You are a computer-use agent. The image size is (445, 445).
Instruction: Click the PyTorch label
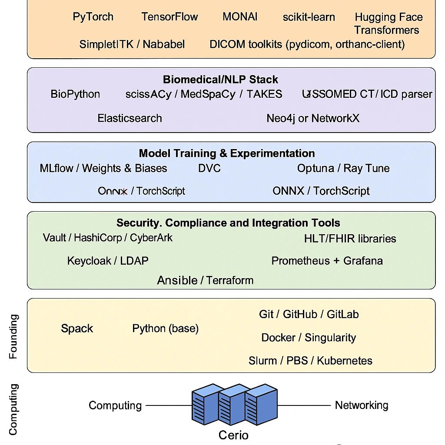coord(93,17)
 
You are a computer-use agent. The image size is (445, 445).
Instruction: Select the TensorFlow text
coord(169,17)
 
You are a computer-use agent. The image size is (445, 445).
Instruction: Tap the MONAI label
coord(240,17)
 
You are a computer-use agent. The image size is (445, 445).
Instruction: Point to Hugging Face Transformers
coord(388,23)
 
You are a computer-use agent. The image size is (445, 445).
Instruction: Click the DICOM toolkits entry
coord(307,44)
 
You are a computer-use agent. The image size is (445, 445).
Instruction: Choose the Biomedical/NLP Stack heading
coord(220,80)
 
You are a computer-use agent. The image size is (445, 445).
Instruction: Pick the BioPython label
coord(75,94)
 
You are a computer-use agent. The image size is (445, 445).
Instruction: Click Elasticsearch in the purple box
coord(130,118)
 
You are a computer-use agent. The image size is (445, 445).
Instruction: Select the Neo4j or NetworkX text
coord(313,118)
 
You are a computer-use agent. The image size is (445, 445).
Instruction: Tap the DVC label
coord(209,169)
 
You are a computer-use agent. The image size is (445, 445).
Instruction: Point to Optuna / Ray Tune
coord(343,169)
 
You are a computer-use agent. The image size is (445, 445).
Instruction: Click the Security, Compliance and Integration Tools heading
coord(228,223)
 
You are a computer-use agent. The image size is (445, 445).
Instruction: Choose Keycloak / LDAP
coord(108,261)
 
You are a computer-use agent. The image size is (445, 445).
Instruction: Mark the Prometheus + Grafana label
coord(327,261)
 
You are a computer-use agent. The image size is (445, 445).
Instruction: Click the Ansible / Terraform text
coord(205,280)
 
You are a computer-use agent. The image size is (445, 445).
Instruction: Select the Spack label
coord(77,329)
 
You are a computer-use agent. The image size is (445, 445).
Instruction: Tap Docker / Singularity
coord(309,338)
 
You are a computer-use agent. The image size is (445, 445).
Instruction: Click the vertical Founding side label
coord(13,336)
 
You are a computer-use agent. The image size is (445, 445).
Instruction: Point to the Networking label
coord(361,405)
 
